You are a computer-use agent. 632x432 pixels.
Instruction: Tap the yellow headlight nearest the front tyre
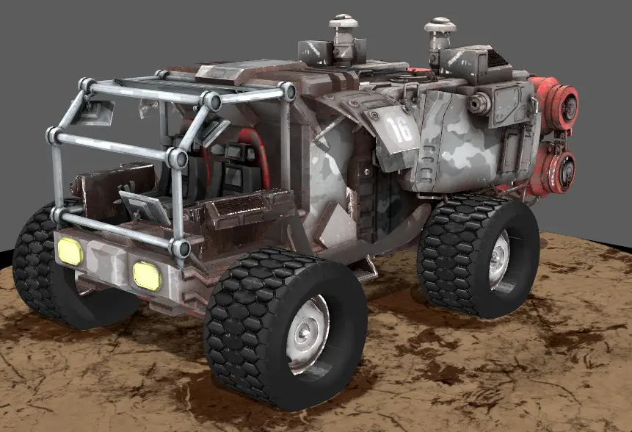(147, 276)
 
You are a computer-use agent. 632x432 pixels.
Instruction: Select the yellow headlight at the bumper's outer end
(70, 251)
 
